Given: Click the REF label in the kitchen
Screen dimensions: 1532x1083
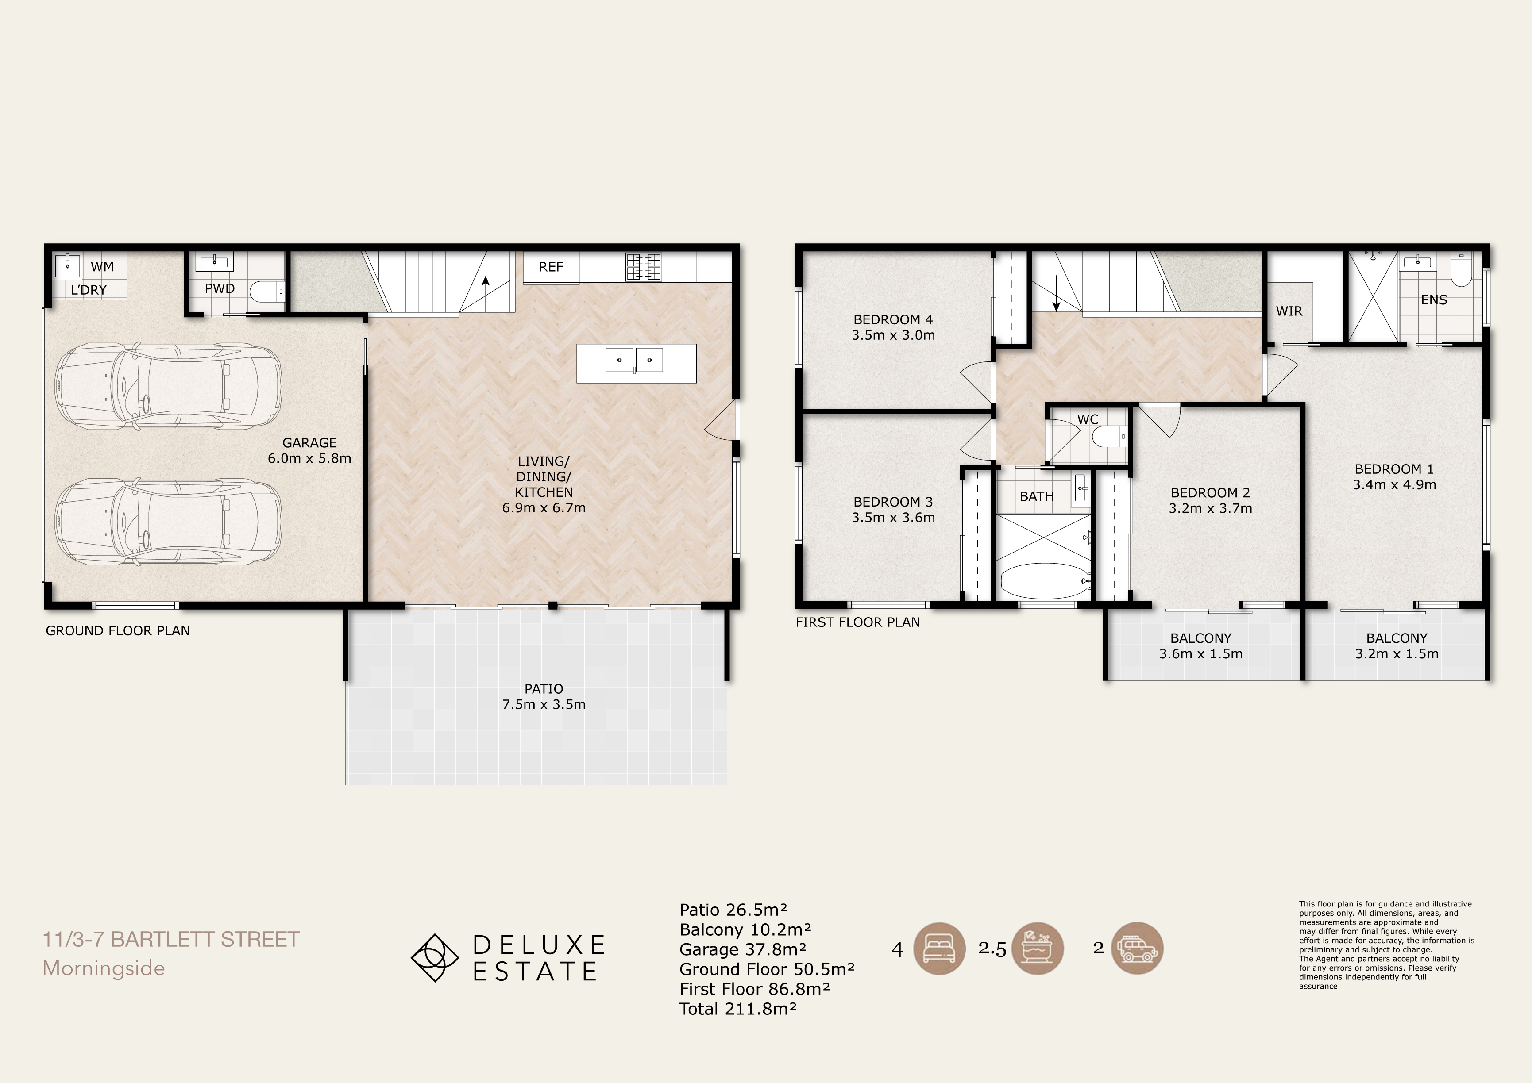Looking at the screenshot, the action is coord(551,267).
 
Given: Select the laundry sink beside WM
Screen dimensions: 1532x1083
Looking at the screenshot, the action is coord(67,265).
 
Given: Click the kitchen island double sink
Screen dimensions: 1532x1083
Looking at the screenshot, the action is coord(634,360).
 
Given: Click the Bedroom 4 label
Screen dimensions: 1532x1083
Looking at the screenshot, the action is coord(893,319).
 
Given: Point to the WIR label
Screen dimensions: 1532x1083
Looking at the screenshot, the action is coord(1289,311).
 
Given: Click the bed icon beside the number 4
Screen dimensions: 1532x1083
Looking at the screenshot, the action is coord(939,949).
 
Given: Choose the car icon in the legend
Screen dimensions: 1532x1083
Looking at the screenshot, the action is coord(1137,949).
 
